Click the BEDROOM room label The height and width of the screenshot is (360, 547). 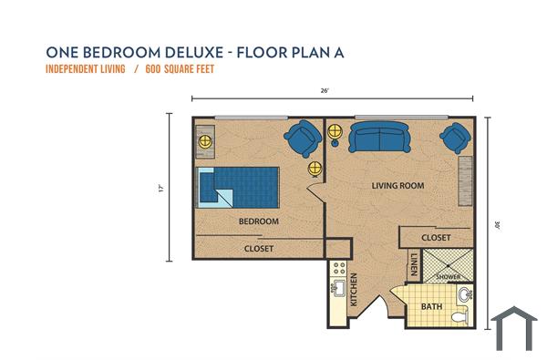pos(258,221)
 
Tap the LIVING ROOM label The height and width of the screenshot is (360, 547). pos(398,186)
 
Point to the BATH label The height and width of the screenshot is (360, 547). pos(430,307)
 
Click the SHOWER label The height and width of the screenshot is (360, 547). pos(447,276)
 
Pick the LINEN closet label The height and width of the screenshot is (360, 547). pos(414,262)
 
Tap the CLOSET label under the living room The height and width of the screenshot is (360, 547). pos(436,237)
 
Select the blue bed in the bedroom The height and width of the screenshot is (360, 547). pos(237,187)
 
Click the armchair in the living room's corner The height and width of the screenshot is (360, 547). pos(453,138)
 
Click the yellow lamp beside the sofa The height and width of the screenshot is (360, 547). pos(335,129)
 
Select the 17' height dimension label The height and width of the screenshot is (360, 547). pos(160,189)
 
